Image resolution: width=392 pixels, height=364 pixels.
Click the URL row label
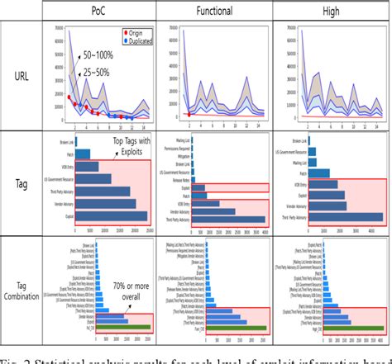tap(26, 75)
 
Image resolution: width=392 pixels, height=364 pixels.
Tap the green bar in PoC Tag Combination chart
tap(99, 328)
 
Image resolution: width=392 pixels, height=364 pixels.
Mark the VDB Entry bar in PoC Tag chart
tap(75, 177)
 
